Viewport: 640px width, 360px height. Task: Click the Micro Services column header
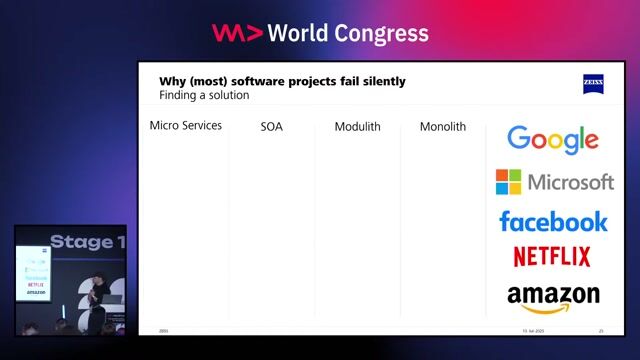coord(185,126)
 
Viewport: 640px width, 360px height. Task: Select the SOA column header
coord(271,127)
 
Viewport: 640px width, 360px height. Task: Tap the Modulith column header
coord(357,127)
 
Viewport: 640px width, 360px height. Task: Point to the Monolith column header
coord(443,127)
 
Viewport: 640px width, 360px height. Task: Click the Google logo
coord(552,140)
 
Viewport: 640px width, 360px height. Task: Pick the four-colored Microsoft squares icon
coord(508,182)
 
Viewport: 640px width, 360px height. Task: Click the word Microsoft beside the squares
coord(570,182)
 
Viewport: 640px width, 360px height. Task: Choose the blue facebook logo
coord(553,221)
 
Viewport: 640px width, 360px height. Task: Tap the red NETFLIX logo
coord(552,257)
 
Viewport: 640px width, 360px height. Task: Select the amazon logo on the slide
coord(553,296)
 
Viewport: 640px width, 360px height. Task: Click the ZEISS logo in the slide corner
coord(593,83)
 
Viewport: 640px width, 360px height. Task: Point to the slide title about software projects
coord(282,81)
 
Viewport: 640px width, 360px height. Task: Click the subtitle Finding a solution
coord(204,95)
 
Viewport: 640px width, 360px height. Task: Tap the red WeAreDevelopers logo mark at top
coord(237,33)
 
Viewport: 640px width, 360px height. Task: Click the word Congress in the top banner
coord(382,33)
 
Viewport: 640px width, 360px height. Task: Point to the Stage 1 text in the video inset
coord(88,242)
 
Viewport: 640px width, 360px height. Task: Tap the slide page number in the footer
coord(601,330)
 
